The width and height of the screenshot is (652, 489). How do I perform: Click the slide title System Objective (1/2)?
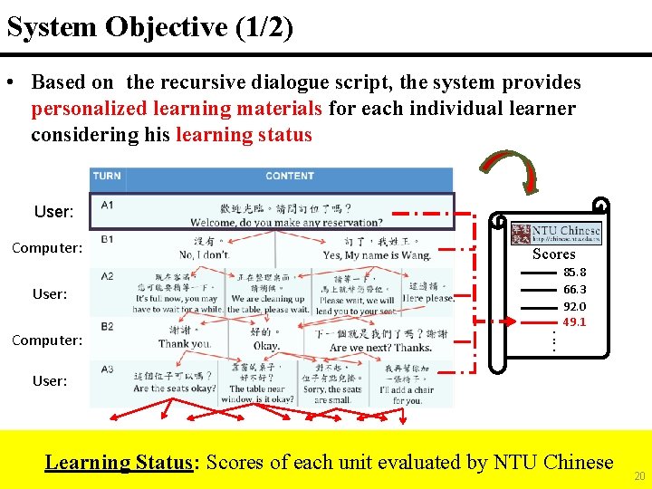click(150, 27)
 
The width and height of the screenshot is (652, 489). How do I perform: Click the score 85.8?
click(574, 272)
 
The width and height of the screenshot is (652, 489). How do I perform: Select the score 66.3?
click(574, 289)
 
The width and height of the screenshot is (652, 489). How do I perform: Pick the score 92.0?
click(574, 306)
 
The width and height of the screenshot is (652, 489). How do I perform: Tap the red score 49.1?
click(574, 322)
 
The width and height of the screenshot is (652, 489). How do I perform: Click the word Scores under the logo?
click(553, 254)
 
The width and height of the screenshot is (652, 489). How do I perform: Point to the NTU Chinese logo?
click(556, 234)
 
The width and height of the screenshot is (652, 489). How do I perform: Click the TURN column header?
click(107, 177)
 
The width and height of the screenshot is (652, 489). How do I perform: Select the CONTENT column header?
click(290, 177)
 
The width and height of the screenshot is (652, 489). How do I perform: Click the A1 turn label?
click(107, 206)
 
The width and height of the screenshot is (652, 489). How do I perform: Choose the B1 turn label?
click(107, 239)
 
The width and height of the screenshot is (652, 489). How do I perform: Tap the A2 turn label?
click(107, 276)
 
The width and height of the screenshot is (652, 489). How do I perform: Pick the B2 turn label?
click(107, 327)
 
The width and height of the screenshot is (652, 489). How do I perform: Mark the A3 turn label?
click(107, 369)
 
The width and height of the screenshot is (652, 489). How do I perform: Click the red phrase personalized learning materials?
click(177, 109)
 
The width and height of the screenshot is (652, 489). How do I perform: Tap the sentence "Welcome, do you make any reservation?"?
click(286, 223)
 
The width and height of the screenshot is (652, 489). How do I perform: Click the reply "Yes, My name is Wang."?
click(377, 255)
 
